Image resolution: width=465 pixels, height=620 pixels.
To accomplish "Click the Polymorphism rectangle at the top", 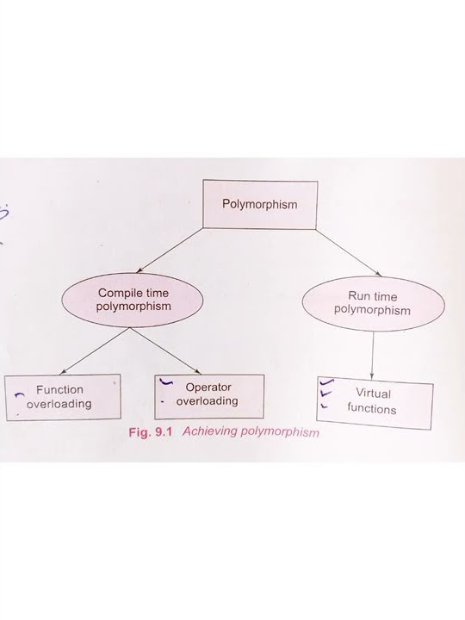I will (x=259, y=204).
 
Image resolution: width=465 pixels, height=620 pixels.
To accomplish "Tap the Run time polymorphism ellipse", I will (x=372, y=303).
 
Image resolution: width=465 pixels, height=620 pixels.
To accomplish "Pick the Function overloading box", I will (x=62, y=396).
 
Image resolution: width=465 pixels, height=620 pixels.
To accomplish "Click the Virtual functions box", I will (x=373, y=401).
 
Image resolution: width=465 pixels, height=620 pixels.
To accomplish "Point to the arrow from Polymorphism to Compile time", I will (x=170, y=250).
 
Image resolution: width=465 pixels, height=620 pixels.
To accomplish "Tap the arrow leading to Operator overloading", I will (x=169, y=351).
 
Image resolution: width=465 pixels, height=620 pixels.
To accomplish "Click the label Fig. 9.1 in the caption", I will (x=152, y=432).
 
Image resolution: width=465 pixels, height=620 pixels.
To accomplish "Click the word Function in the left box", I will (x=59, y=389).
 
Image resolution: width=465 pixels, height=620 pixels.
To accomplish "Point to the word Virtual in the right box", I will (x=373, y=394).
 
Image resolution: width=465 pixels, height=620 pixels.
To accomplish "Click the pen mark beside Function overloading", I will (x=18, y=394).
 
